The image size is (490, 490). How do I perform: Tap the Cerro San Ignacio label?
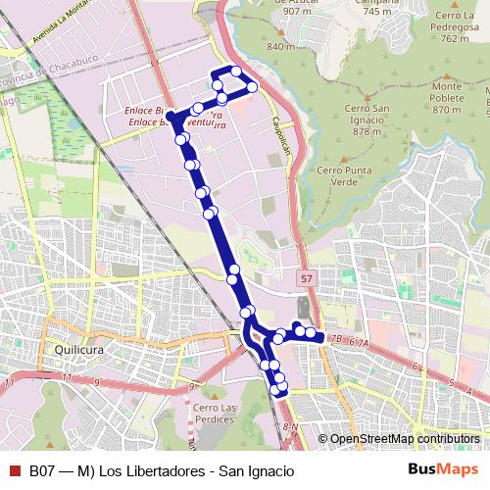(367, 119)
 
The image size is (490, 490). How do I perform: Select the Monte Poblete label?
(446, 98)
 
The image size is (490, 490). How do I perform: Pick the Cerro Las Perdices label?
(215, 415)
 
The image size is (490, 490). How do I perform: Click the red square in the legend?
(15, 470)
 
